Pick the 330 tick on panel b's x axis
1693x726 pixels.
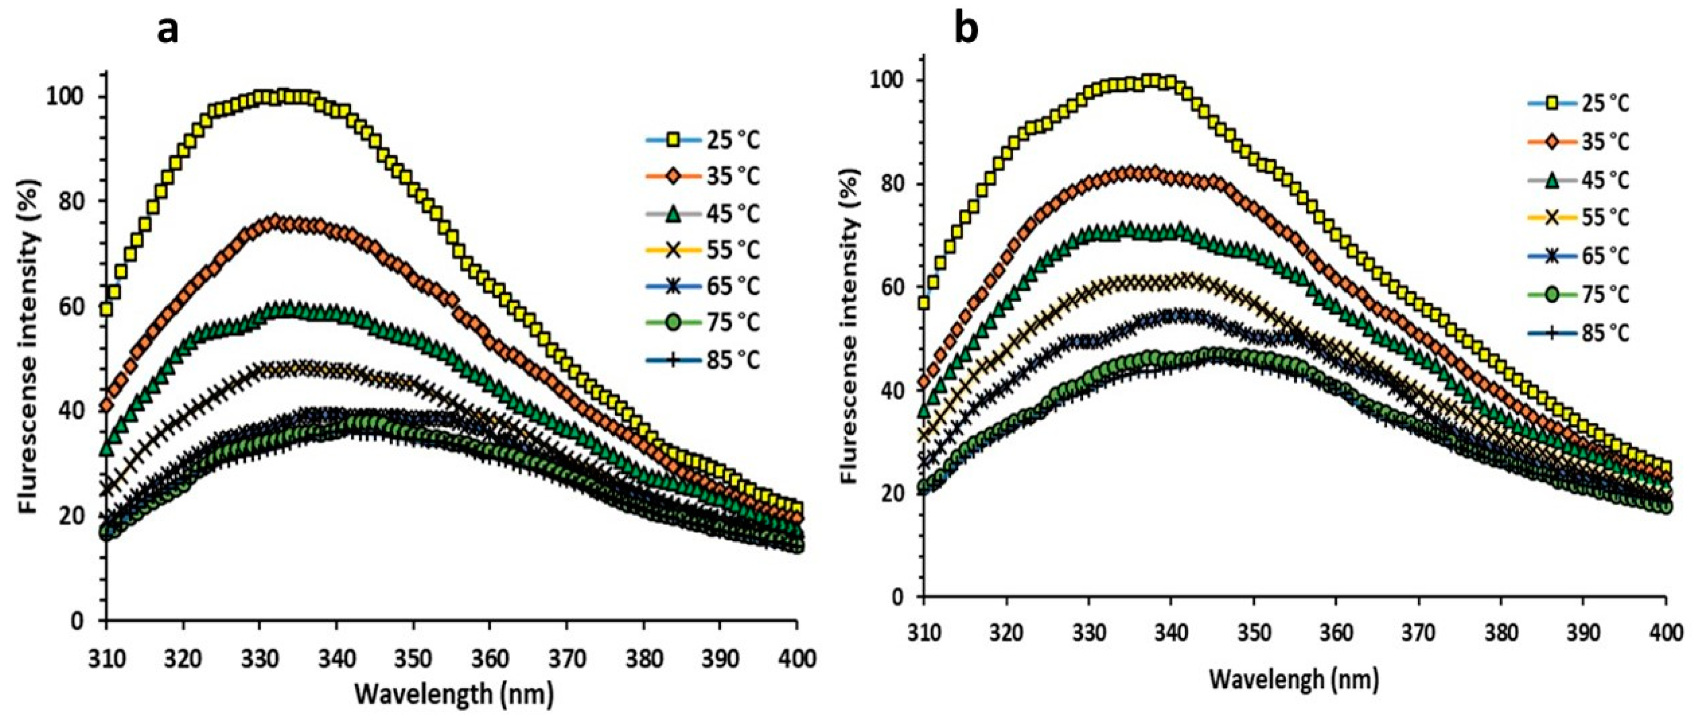pos(1089,636)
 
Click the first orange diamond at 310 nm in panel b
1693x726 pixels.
pos(925,382)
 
